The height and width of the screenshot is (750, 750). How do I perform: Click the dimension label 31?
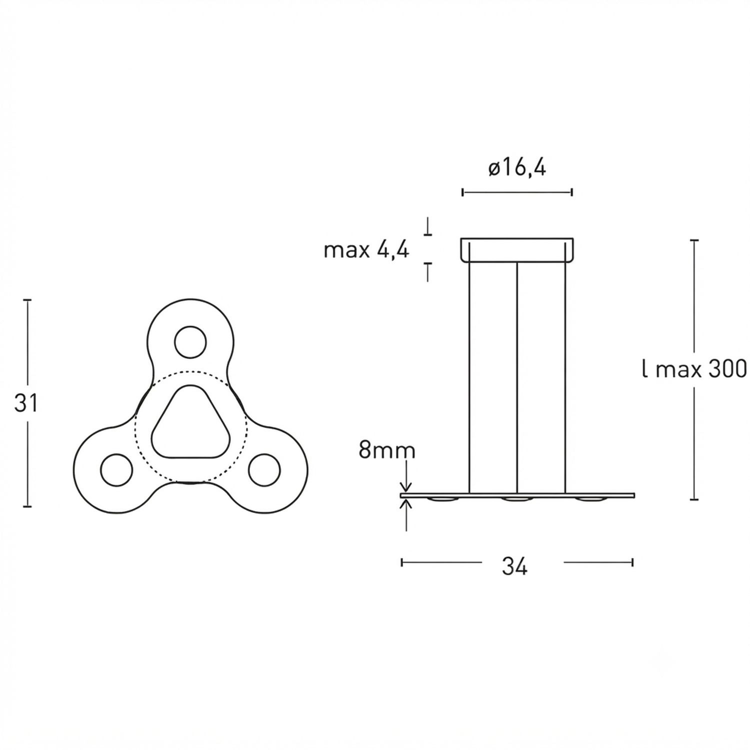[26, 403]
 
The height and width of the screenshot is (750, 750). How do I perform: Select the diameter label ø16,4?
[517, 168]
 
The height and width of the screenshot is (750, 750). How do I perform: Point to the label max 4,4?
[366, 249]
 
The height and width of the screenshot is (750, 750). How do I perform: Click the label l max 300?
[694, 370]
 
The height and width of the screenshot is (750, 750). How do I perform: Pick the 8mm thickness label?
[386, 451]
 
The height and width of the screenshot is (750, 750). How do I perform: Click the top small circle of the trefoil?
[190, 342]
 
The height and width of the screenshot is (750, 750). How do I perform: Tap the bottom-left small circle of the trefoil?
[116, 470]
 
